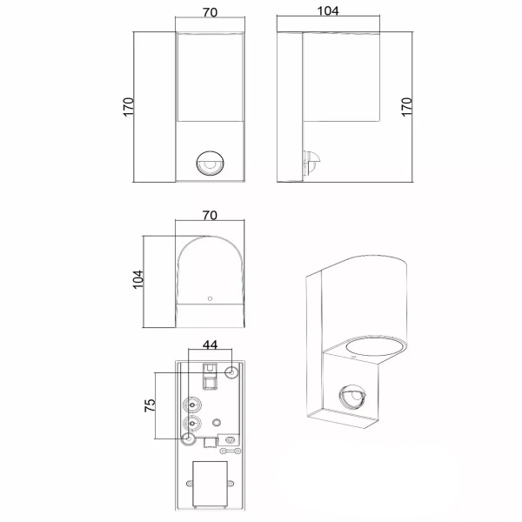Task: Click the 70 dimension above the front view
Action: (210, 14)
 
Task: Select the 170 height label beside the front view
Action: (127, 107)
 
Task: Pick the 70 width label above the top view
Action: (210, 216)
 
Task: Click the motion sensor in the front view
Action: (210, 163)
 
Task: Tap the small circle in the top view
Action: (210, 299)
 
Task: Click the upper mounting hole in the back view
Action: (231, 372)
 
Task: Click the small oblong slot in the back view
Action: (229, 441)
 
